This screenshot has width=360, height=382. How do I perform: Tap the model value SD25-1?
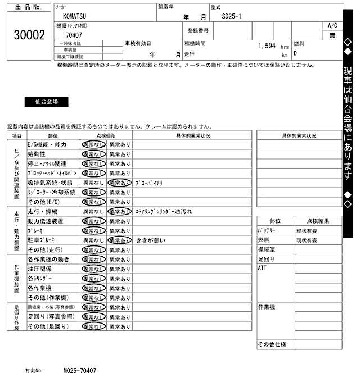click(231, 17)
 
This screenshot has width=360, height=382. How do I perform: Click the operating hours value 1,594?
click(267, 46)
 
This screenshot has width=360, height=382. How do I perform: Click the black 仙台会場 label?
click(46, 102)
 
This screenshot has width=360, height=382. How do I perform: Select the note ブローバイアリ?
click(148, 183)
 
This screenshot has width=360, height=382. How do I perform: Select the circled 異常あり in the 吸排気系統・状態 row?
click(119, 183)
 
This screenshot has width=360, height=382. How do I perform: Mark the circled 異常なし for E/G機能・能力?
click(93, 144)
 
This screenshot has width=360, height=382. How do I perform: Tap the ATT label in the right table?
click(262, 269)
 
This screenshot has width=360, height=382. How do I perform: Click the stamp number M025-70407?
click(79, 371)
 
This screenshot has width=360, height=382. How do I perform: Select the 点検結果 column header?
click(318, 221)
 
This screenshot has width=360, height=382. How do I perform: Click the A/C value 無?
click(332, 35)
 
